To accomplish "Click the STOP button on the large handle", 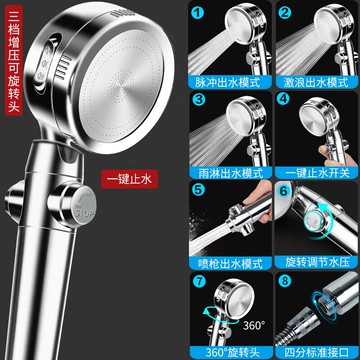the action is (x=83, y=207).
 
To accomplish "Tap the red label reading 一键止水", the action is (x=129, y=179).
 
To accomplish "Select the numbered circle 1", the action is (x=199, y=13).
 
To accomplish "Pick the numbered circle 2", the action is (x=285, y=13).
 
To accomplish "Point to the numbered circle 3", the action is (x=199, y=100).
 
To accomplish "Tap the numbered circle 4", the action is (x=285, y=100).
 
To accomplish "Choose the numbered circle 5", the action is (x=199, y=190).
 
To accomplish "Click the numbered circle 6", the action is (x=284, y=191).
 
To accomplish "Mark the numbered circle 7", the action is (x=199, y=281).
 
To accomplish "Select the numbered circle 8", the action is (x=285, y=281).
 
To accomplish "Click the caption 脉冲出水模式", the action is (x=229, y=82).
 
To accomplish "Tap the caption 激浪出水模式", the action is (x=316, y=82).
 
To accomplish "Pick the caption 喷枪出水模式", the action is (x=229, y=262).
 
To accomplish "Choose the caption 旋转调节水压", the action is (x=317, y=262).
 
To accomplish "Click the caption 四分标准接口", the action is (x=317, y=352).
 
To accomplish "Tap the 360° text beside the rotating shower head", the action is (x=254, y=325).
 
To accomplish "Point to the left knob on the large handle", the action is (x=14, y=201).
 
